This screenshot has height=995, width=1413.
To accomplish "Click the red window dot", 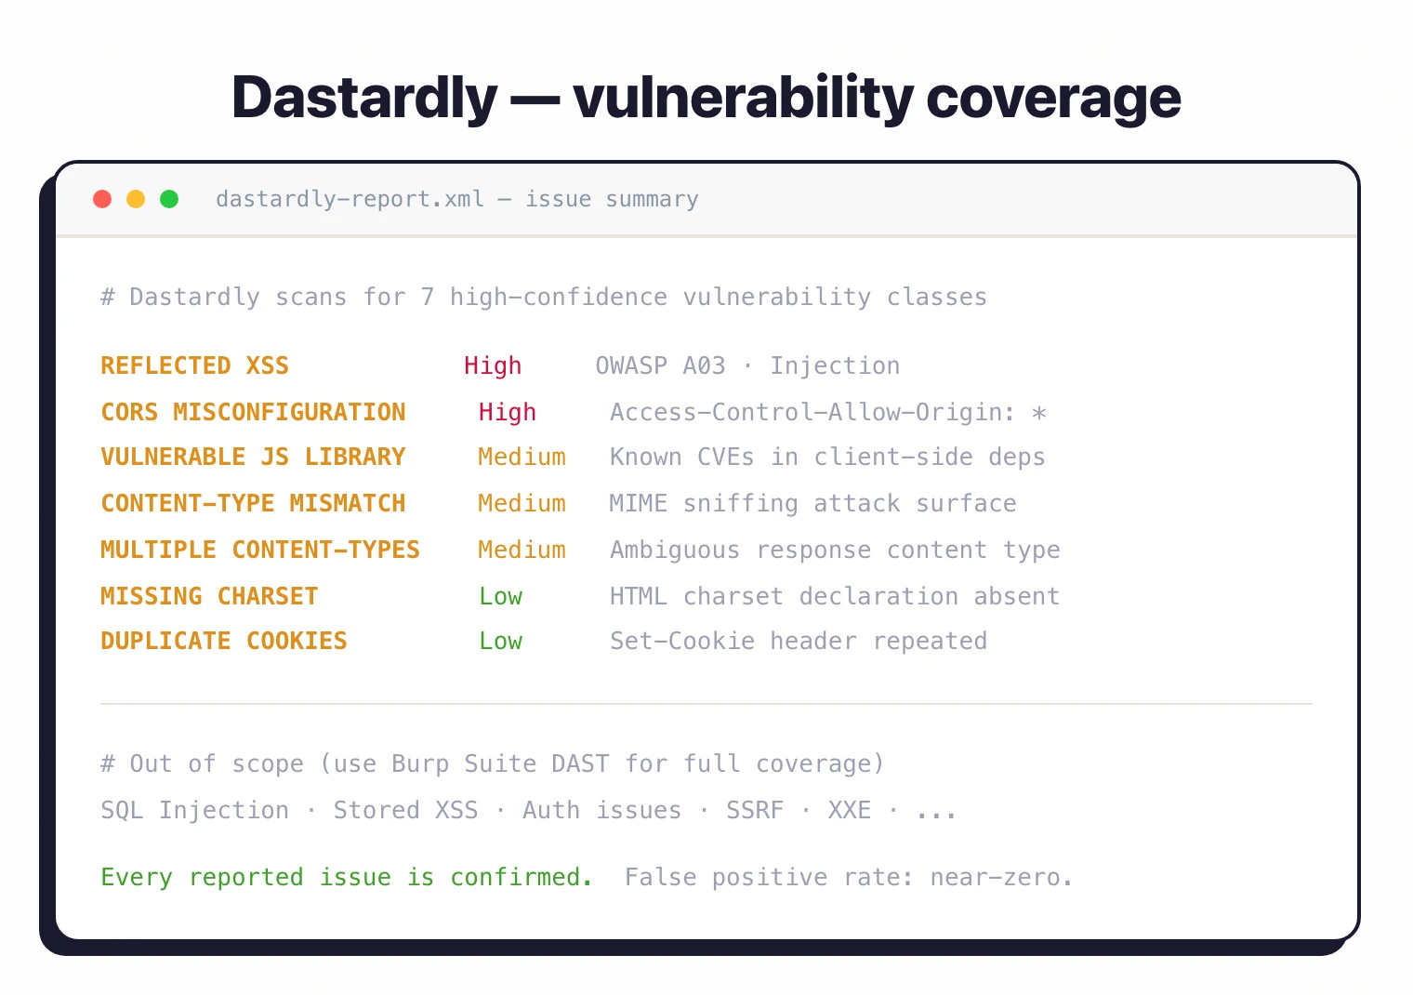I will click(102, 199).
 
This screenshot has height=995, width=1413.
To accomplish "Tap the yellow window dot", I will click(136, 199).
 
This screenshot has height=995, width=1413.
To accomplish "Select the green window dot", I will click(169, 199).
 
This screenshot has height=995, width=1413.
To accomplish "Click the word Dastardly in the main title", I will click(364, 98).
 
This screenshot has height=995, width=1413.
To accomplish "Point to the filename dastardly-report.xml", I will click(350, 199).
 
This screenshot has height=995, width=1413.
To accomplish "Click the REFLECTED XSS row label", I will click(194, 365).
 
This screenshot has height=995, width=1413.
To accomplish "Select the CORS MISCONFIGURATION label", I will click(253, 412).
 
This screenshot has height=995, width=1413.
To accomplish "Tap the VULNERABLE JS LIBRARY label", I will click(253, 457).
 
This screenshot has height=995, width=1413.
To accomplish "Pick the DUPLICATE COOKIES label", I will click(223, 641).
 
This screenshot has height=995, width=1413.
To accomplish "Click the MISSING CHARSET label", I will click(209, 596).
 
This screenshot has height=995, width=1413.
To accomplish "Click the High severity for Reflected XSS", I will click(493, 365).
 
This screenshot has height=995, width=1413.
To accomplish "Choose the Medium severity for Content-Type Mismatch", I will click(522, 503).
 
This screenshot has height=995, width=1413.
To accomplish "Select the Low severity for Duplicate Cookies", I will click(500, 641).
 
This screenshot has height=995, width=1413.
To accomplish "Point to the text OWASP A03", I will click(660, 365).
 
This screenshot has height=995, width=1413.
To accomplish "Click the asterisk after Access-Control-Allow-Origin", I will click(1039, 413).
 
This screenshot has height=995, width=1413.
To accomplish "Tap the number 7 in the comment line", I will click(428, 297).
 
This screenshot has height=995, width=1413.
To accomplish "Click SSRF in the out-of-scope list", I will click(755, 810).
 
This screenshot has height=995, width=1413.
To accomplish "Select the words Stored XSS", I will click(405, 810).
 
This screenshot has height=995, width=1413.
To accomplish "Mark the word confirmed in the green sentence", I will click(521, 877).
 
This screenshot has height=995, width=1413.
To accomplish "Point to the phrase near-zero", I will click(1001, 877).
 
